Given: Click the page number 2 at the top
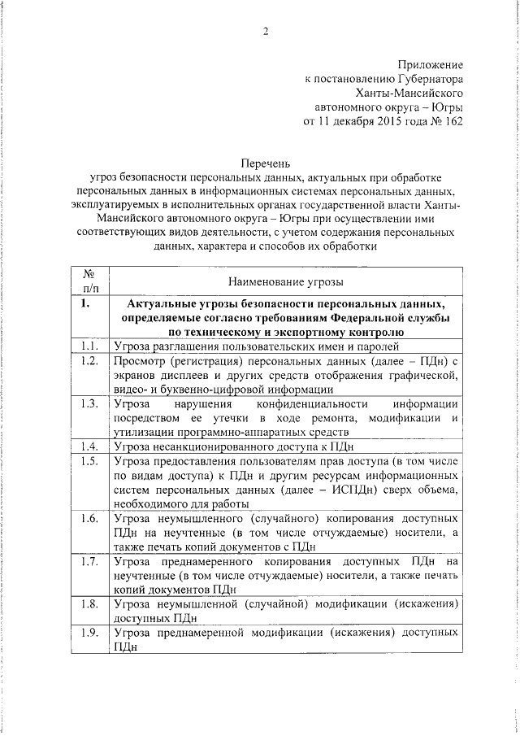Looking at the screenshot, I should click(x=264, y=32).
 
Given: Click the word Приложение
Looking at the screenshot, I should click(x=431, y=63).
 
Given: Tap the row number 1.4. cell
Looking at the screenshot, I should click(x=90, y=446).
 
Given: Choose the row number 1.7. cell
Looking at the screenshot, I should click(x=90, y=562).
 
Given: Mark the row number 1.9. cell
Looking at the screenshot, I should click(x=90, y=633).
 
